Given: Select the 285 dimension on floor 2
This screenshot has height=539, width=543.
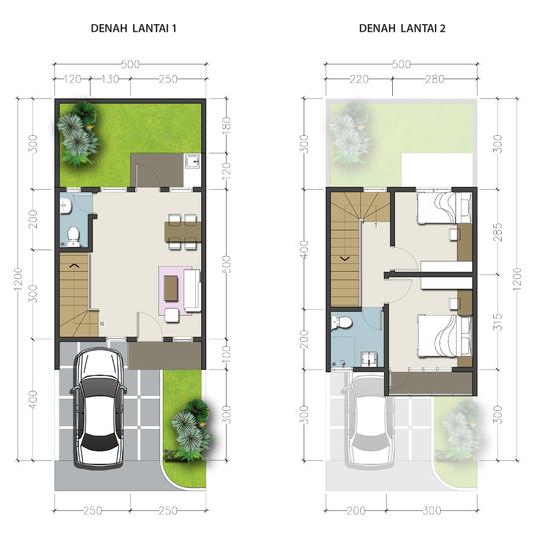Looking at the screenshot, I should [495, 231].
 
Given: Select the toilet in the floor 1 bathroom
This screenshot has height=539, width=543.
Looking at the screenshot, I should [71, 236].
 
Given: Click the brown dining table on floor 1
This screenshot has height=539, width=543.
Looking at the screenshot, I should [182, 231].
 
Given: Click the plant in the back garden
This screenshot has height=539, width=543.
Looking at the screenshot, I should [76, 136].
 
